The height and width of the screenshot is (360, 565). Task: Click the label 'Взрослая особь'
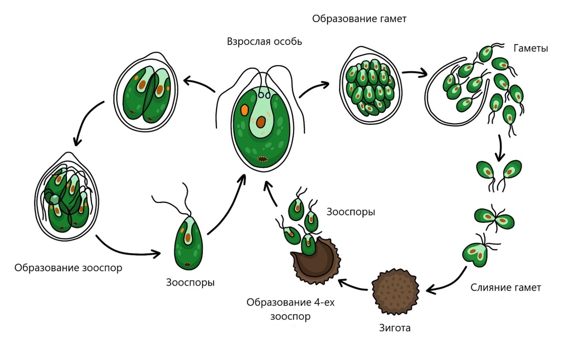(x=264, y=41)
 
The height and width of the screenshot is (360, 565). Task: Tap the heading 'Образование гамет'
(x=359, y=19)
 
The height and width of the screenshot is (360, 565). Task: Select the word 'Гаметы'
(x=531, y=48)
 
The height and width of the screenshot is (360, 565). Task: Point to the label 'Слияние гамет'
(x=505, y=287)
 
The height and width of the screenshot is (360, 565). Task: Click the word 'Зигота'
(x=395, y=328)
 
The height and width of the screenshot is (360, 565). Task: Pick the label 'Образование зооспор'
(x=68, y=268)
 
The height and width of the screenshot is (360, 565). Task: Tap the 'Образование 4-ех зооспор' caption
(x=290, y=309)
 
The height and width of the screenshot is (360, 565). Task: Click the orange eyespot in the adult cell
(x=245, y=110)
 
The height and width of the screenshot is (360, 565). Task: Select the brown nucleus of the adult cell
(x=261, y=122)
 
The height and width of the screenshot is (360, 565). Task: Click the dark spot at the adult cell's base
(x=262, y=159)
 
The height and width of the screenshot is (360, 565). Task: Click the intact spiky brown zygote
(x=395, y=292)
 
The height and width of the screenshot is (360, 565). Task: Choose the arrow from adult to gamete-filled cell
(x=313, y=88)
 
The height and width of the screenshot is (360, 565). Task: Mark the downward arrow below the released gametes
(x=500, y=148)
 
